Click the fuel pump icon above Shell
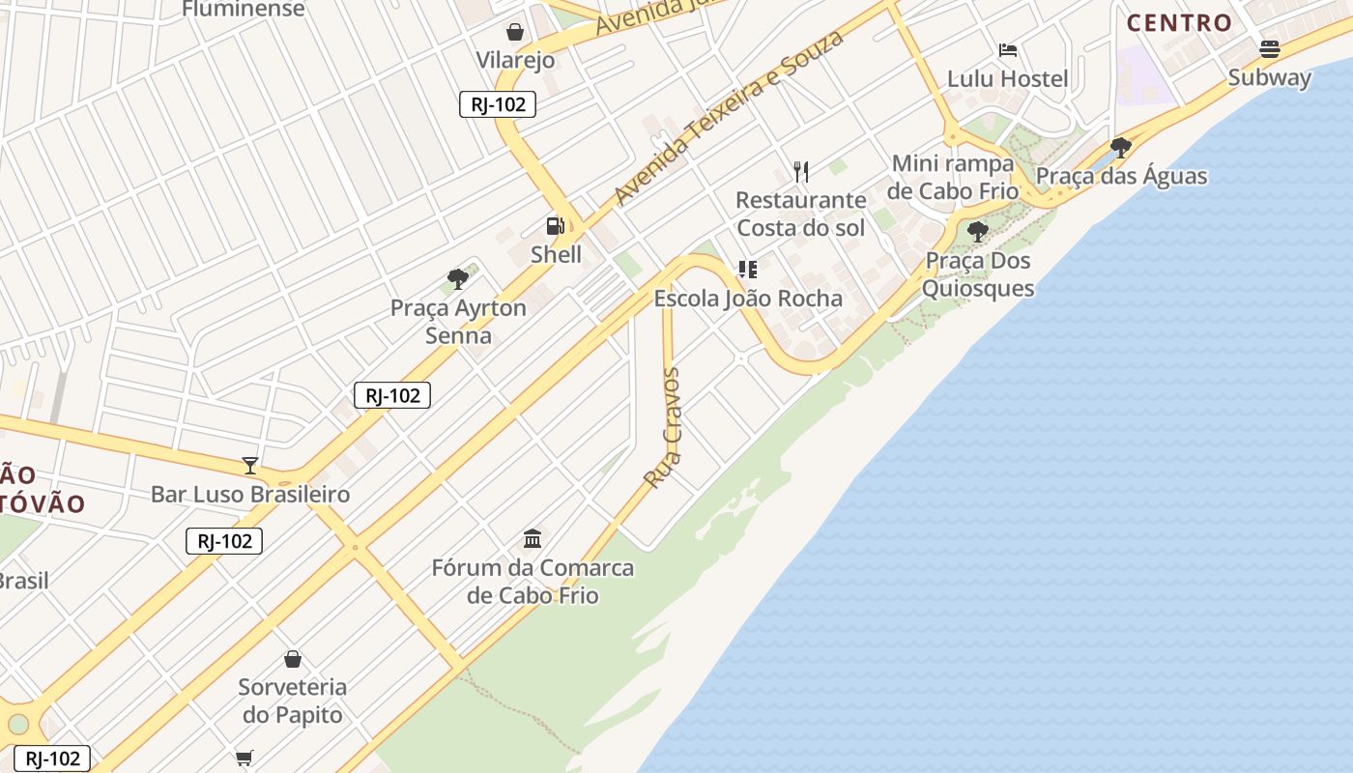pos(556,226)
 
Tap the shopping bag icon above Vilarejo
pos(515,32)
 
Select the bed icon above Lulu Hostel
pos(1008,50)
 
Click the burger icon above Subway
pos(1270,48)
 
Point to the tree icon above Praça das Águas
pos(1121,148)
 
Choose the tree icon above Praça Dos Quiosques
pos(978,232)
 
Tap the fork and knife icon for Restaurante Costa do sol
pos(800,172)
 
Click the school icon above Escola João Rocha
pos(747,270)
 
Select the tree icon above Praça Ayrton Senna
pos(458,279)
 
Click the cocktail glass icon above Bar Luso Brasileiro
pos(250,466)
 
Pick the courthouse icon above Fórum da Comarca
pos(533,538)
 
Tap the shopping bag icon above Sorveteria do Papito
pos(293,659)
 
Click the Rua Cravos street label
pos(663,427)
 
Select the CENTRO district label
pos(1180,22)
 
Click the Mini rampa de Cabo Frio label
pos(953,177)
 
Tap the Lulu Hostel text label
pos(1008,79)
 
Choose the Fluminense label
pos(244,10)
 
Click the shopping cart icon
pos(245,759)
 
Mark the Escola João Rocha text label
pos(748,299)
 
